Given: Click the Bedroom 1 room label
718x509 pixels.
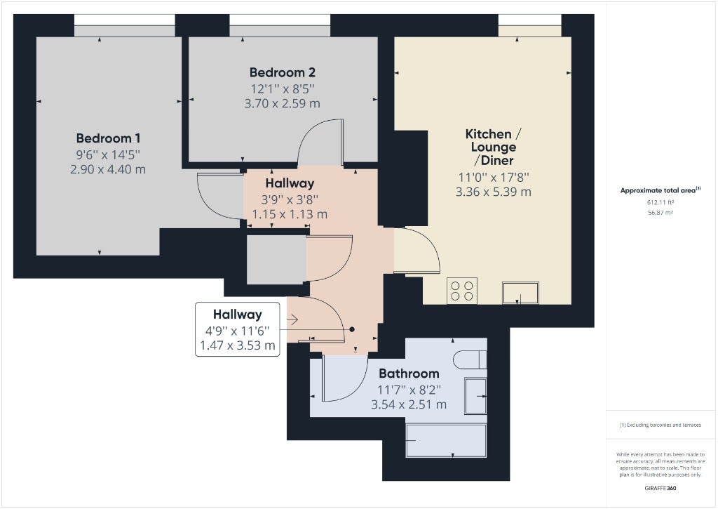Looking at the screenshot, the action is point(108,138).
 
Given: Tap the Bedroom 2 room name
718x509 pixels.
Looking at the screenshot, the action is point(282,72).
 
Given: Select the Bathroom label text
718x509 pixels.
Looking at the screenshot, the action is point(409,374).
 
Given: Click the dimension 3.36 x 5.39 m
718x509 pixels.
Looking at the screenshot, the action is point(493,192).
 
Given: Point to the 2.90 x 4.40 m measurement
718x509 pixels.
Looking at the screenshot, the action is point(108,169).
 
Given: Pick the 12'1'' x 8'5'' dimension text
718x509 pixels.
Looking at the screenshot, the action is point(282,88).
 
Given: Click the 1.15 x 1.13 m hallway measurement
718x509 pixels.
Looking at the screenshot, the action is point(290,214).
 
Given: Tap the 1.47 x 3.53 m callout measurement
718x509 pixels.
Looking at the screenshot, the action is point(237,345).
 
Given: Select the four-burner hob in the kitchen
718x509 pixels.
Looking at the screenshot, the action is point(462,291).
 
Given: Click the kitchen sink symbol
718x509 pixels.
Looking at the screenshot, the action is point(520,293).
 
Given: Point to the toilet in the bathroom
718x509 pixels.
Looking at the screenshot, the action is point(470,359).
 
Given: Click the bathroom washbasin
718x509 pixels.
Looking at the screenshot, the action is point(476,396).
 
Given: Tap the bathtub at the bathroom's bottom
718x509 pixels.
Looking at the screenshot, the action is point(446,440).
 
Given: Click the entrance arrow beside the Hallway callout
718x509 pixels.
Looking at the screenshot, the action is point(293,319).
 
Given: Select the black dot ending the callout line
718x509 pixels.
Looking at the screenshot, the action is point(352,329).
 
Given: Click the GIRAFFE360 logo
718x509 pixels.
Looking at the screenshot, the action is point(661,488).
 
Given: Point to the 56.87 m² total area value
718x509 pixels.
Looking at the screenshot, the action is point(661,213).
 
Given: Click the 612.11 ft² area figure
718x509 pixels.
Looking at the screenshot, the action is point(661,202).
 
